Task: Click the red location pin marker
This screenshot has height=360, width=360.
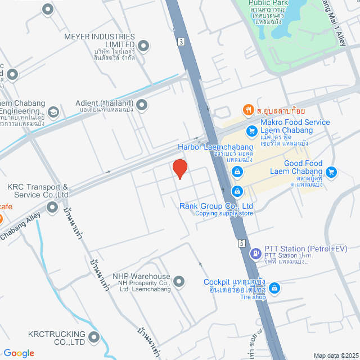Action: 179,169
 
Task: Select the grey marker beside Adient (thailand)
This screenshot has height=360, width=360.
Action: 142,105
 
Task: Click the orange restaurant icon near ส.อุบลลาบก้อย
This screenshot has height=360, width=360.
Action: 246,109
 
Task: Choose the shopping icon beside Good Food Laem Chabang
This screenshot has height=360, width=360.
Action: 331,172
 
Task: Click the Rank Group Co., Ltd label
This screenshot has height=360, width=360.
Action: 216,206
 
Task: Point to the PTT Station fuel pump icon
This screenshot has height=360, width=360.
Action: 255,254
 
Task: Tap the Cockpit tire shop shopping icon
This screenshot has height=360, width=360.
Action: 274,289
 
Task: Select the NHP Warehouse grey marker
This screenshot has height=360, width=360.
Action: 179,281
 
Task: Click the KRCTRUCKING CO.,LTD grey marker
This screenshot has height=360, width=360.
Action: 93,337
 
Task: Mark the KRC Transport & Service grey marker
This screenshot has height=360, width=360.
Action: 52,208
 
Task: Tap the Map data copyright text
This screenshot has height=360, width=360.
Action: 336,355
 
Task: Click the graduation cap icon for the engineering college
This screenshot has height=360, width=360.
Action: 53,111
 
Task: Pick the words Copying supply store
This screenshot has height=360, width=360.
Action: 224,213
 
